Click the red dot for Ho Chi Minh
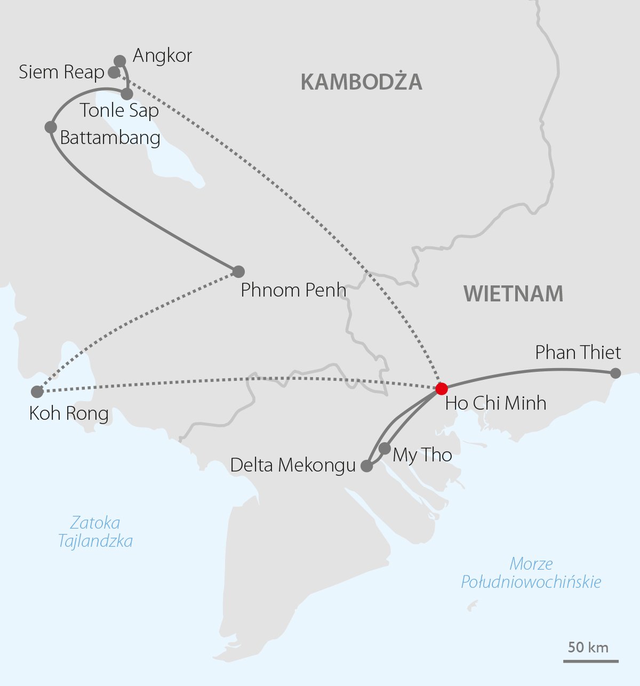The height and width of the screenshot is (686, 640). pyautogui.click(x=441, y=388)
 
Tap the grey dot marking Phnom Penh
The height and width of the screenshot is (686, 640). pyautogui.click(x=238, y=271)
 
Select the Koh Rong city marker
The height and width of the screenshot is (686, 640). pyautogui.click(x=37, y=392)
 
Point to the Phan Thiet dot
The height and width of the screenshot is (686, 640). pyautogui.click(x=615, y=373)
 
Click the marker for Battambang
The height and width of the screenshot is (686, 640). pyautogui.click(x=51, y=127)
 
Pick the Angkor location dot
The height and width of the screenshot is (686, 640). pyautogui.click(x=120, y=61)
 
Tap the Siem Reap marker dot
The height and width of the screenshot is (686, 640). pyautogui.click(x=114, y=72)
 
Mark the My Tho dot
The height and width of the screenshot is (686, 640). pyautogui.click(x=385, y=449)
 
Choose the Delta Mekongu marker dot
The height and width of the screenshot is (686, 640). pyautogui.click(x=367, y=466)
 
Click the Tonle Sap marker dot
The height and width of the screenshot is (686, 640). pyautogui.click(x=127, y=94)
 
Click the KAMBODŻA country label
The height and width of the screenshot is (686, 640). pyautogui.click(x=362, y=82)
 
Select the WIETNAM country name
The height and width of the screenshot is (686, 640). pyautogui.click(x=513, y=294)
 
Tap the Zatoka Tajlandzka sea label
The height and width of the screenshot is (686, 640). pyautogui.click(x=95, y=532)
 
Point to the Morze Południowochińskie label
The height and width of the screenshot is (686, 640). pyautogui.click(x=531, y=572)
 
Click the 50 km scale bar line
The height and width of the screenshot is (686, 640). pyautogui.click(x=591, y=661)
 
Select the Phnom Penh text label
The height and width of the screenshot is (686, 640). pyautogui.click(x=293, y=290)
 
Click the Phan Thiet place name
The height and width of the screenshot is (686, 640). pyautogui.click(x=578, y=353)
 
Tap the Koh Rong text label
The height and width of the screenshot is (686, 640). pyautogui.click(x=69, y=413)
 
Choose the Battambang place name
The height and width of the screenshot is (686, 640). pyautogui.click(x=110, y=138)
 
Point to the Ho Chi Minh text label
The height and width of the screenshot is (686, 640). pyautogui.click(x=495, y=403)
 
